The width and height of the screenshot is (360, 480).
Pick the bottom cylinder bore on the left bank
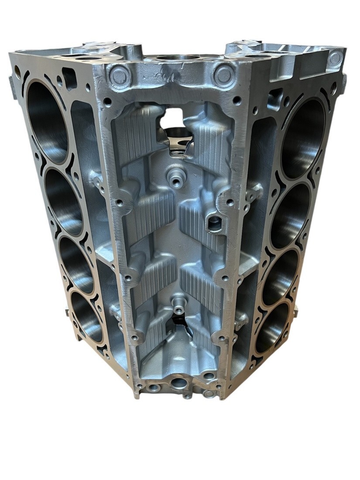[87, 316]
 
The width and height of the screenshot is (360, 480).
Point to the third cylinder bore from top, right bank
[279, 277]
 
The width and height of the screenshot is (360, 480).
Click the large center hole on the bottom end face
[178, 384]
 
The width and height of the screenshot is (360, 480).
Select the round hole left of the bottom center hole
[154, 387]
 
